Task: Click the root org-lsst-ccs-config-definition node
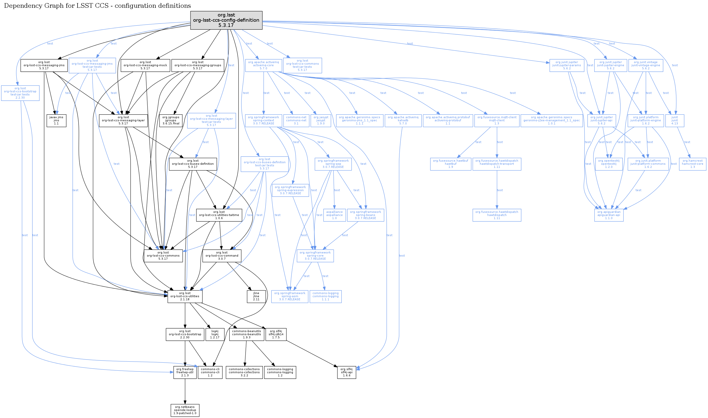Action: coord(226,20)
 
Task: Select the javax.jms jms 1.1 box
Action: coord(56,121)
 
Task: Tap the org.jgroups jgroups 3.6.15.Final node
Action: coord(171,121)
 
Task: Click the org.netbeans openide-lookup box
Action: coord(185,410)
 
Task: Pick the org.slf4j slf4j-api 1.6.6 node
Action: coord(346,372)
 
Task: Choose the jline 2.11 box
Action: coord(256,296)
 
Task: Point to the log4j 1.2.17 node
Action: coord(215,334)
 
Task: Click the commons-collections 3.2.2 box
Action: coord(244,372)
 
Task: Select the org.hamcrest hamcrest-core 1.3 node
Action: coord(692,164)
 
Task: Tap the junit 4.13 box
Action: coord(674,121)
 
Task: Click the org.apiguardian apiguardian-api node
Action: coord(609,215)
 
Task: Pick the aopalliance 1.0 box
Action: coord(334,215)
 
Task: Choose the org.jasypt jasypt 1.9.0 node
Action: coord(321,121)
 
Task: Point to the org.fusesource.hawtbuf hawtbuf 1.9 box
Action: coord(450,164)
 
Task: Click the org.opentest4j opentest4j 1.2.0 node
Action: coord(609,164)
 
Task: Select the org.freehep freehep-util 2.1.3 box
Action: coord(185,372)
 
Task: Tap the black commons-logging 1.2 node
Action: coord(280,372)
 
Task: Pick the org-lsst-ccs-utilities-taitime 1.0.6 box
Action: coord(219,215)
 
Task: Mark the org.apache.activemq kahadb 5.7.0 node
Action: coord(403,121)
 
